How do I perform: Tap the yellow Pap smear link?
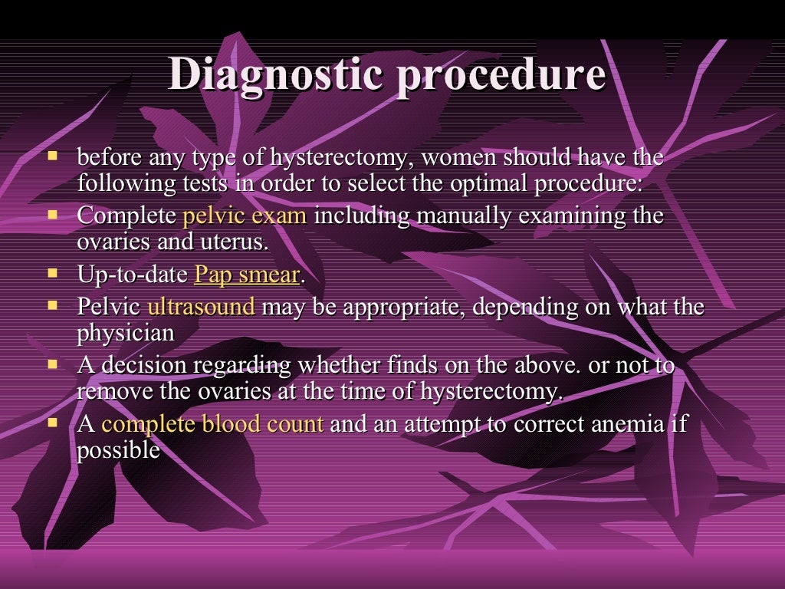click(x=247, y=275)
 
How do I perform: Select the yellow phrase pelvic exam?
click(x=245, y=216)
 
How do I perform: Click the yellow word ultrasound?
click(x=201, y=308)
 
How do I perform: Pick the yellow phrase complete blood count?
click(x=212, y=424)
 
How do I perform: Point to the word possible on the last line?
click(x=118, y=450)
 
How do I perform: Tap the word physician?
click(x=126, y=334)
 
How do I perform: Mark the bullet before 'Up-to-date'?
click(x=53, y=272)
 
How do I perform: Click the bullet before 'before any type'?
click(x=53, y=156)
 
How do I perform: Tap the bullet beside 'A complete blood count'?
click(x=53, y=422)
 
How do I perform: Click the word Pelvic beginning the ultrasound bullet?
click(x=109, y=308)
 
